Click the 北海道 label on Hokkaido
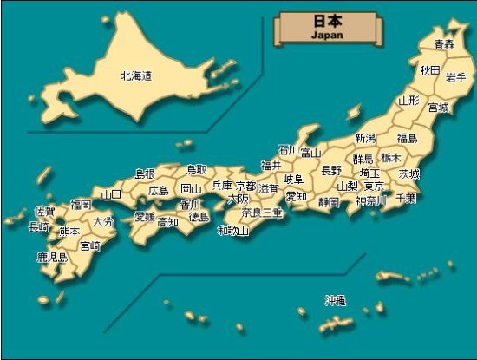(136, 76)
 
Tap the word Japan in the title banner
(327, 36)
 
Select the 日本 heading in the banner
(327, 22)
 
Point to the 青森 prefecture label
(444, 43)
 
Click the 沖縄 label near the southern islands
(336, 300)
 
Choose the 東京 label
(374, 187)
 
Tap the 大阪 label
(238, 199)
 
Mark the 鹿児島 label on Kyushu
(52, 258)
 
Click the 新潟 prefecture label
(365, 138)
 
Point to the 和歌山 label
(233, 230)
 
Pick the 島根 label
(145, 173)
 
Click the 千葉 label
(405, 199)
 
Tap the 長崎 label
(39, 227)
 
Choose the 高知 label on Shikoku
(168, 221)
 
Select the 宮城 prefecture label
(439, 108)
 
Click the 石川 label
(287, 149)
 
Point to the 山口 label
(111, 194)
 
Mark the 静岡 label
(329, 202)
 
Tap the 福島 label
(408, 138)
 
